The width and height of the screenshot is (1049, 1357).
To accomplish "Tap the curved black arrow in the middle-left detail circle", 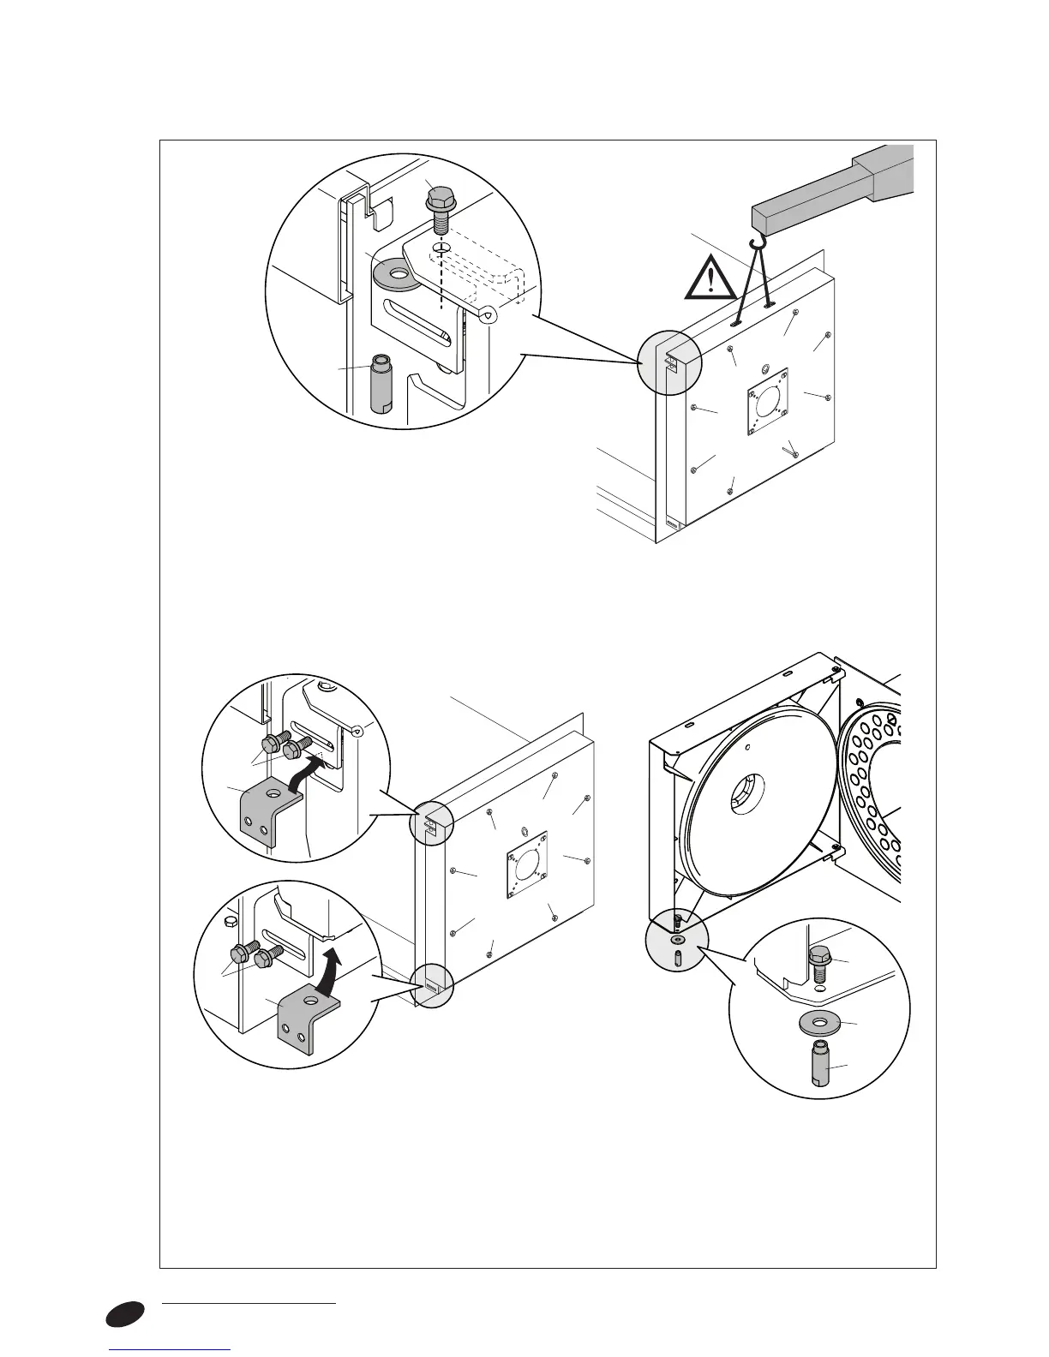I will tap(307, 773).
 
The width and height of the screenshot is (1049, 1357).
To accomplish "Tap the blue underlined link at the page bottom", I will tap(171, 1351).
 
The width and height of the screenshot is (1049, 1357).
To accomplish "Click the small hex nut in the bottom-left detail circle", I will tap(229, 921).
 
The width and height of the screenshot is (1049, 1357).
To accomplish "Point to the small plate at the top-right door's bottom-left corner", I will tap(671, 526).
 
